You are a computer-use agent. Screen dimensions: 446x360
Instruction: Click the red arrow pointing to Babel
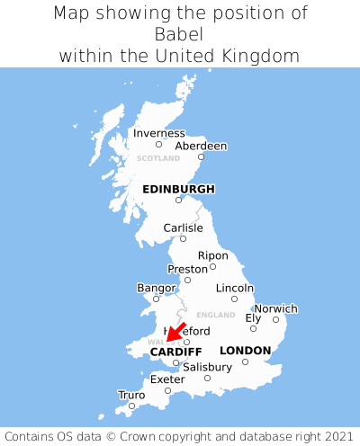pyautogui.click(x=175, y=333)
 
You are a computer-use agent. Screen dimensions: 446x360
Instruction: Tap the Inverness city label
pyautogui.click(x=158, y=133)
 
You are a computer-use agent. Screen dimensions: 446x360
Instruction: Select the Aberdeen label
pyautogui.click(x=201, y=146)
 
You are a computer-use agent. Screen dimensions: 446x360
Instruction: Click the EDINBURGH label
pyautogui.click(x=178, y=189)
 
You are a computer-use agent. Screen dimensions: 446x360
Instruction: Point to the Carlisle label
pyautogui.click(x=183, y=228)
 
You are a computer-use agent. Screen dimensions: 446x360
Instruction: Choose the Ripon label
pyautogui.click(x=212, y=255)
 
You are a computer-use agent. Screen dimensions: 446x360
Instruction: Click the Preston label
pyautogui.click(x=187, y=269)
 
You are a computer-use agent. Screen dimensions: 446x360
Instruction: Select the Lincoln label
pyautogui.click(x=235, y=288)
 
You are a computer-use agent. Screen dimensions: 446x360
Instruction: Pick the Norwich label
pyautogui.click(x=275, y=308)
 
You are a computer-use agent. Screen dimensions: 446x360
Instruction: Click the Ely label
pyautogui.click(x=253, y=317)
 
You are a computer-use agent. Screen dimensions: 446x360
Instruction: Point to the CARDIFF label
pyautogui.click(x=175, y=351)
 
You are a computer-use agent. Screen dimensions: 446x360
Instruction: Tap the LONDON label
pyautogui.click(x=245, y=350)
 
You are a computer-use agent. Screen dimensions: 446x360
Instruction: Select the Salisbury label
pyautogui.click(x=207, y=367)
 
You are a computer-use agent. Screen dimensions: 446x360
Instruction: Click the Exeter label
pyautogui.click(x=167, y=379)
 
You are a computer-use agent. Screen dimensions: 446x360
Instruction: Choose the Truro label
pyautogui.click(x=131, y=395)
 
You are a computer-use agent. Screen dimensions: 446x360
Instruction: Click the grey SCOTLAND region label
pyautogui.click(x=158, y=158)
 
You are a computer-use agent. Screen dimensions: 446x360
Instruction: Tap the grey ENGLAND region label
pyautogui.click(x=215, y=315)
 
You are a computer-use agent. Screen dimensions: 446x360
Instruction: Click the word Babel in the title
pyautogui.click(x=180, y=34)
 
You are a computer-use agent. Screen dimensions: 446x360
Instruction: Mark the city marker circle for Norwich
pyautogui.click(x=275, y=319)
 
